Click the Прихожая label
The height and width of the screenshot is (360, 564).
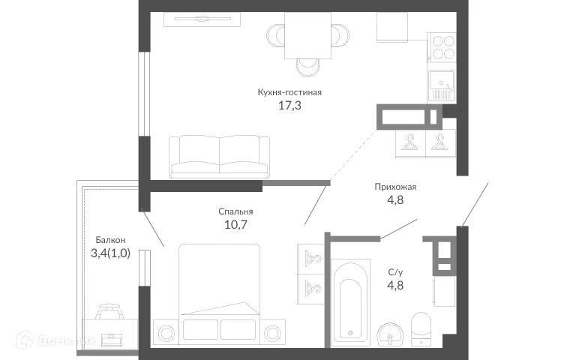coord(395,187)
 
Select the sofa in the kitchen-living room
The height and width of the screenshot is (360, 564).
coord(220,155)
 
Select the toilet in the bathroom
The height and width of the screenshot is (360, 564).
coord(421,328)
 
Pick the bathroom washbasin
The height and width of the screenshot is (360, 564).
coord(388,334)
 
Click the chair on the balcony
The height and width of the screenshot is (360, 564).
coord(109,309)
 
